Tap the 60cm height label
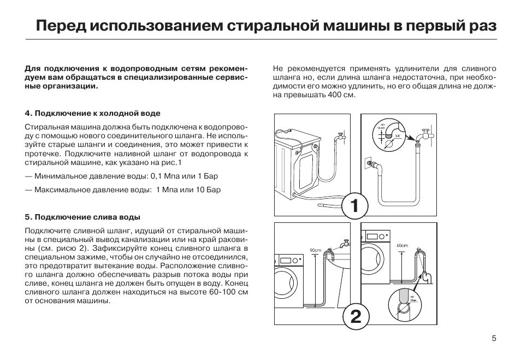(x=402, y=245)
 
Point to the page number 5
(x=494, y=339)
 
